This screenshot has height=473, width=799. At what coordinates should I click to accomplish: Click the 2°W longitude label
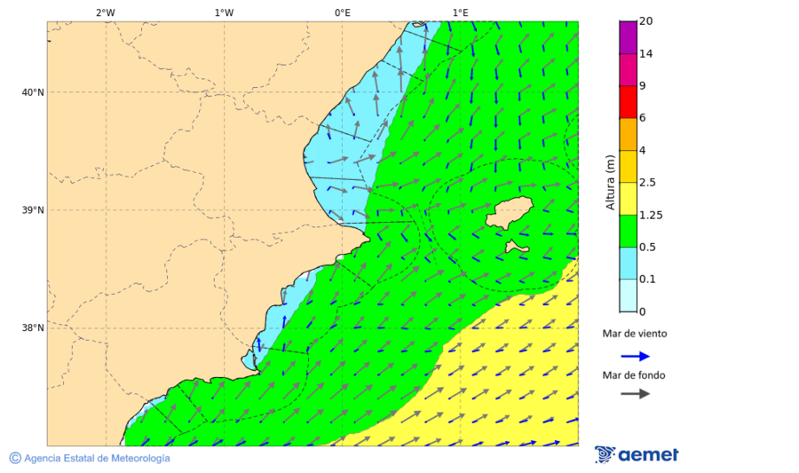[105, 12]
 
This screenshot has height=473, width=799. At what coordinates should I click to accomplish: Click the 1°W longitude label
[224, 12]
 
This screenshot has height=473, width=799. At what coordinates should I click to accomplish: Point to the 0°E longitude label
[342, 12]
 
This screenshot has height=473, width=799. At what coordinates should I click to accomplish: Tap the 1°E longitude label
[460, 12]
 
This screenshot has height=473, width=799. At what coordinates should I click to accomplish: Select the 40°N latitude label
[32, 92]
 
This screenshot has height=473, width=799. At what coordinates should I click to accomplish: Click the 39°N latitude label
[32, 210]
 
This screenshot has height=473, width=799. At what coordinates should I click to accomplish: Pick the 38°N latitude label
[32, 328]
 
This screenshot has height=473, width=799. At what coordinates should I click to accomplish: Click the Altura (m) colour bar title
[610, 182]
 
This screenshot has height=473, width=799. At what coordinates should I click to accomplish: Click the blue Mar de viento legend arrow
[635, 356]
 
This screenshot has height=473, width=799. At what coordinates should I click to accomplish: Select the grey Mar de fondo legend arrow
[635, 394]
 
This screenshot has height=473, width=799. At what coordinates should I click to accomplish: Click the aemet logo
[637, 454]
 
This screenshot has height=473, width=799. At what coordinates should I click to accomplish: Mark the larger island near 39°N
[510, 214]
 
